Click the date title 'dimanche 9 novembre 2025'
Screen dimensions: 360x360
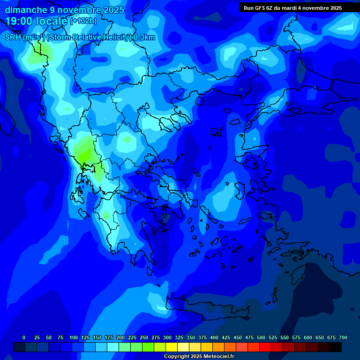(64, 10)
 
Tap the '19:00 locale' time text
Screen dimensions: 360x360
(37, 21)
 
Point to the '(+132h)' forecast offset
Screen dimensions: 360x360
(83, 21)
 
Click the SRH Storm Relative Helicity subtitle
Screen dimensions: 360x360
(80, 37)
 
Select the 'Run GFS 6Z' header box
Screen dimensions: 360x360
(292, 8)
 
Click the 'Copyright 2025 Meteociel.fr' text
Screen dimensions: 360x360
(199, 357)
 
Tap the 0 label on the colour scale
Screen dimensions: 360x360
(24, 337)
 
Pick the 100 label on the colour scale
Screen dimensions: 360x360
(73, 337)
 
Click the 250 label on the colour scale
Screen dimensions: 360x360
(143, 337)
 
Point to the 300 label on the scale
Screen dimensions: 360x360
(167, 337)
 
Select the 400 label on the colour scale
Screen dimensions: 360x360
(214, 337)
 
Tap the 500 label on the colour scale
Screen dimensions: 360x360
(261, 337)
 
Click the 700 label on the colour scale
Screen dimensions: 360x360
(343, 337)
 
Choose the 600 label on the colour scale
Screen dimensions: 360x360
(307, 337)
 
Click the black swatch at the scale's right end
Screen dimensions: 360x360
(336, 347)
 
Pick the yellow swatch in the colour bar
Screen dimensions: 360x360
(172, 347)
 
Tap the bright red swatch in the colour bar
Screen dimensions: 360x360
(265, 347)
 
